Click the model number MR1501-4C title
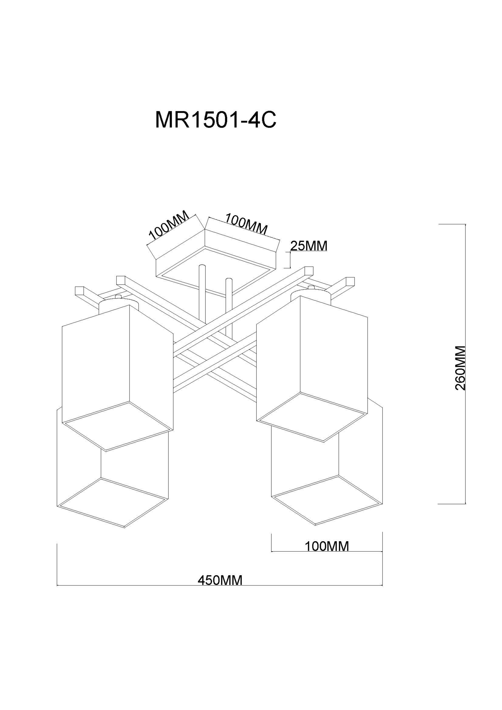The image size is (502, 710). (215, 120)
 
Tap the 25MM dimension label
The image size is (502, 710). (308, 246)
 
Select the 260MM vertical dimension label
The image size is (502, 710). (460, 368)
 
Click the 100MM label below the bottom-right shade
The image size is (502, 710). (326, 546)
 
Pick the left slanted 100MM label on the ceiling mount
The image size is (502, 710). (169, 225)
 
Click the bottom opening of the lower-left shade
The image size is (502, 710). (112, 503)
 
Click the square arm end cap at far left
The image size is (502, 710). (80, 291)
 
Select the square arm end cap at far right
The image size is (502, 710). (350, 281)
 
